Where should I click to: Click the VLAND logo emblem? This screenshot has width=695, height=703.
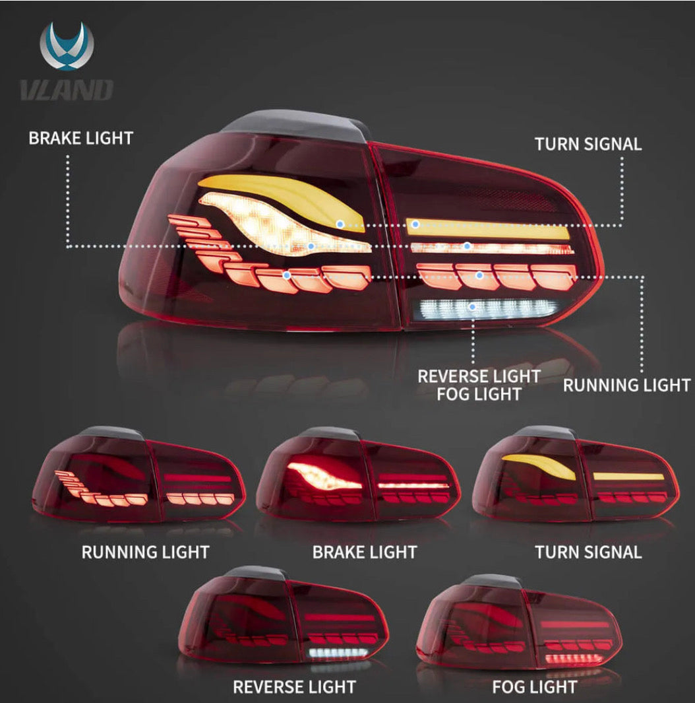coord(66,46)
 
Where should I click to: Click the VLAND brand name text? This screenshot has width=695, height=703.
coord(66,90)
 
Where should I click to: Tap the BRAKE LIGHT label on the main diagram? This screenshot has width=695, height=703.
coord(80,138)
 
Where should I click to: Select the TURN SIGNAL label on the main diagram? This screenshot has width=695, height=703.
coord(588,144)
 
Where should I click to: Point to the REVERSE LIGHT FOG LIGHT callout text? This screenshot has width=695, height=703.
coord(479,385)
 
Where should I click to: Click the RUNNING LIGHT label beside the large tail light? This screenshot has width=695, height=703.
coord(626,385)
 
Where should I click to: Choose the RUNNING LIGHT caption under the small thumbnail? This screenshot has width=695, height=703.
coord(145,552)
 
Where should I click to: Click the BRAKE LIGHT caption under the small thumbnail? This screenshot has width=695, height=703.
coord(364,552)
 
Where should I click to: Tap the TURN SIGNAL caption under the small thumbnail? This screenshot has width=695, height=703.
coord(588,552)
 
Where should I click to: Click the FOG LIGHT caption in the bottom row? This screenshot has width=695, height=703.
coord(534,687)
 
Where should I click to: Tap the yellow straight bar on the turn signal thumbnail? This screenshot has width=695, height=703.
coord(628,477)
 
